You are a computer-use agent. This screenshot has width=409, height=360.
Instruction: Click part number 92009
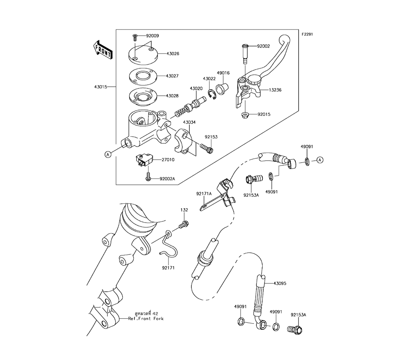tap(152, 36)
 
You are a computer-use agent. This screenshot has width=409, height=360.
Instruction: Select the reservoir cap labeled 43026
tap(143, 55)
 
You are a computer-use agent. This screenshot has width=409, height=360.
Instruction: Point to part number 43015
tap(101, 87)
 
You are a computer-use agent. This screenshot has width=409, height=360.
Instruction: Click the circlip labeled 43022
tap(211, 94)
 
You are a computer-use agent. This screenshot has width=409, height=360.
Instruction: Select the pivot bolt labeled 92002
tap(245, 54)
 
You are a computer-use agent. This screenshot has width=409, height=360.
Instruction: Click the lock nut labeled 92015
tap(245, 115)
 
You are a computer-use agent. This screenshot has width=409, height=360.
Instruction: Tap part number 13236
tap(275, 90)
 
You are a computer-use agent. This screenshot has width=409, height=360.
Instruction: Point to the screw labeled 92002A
tap(148, 176)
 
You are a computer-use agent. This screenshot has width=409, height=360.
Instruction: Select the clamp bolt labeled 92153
tap(207, 148)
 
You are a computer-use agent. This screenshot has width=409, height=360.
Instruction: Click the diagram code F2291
tap(307, 34)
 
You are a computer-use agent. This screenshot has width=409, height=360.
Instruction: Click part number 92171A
tap(204, 194)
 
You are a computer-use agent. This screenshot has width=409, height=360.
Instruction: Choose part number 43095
tap(280, 283)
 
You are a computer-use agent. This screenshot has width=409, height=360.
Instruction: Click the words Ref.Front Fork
tap(146, 319)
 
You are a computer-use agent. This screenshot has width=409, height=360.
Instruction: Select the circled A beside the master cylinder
tap(108, 155)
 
